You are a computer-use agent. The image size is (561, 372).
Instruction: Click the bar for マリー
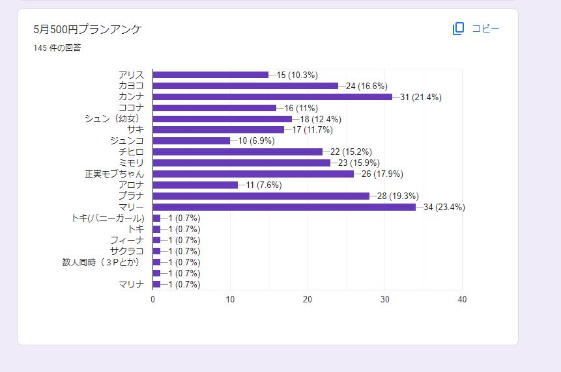coord(284,207)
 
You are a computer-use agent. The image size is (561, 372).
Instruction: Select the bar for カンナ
coord(272,96)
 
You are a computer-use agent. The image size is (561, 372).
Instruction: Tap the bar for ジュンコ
coord(192,140)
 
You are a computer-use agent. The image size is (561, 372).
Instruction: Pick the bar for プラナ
coord(261,196)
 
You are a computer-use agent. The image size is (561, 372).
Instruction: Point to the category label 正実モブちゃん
coord(115,174)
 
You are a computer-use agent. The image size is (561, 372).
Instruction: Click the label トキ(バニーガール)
coord(108,218)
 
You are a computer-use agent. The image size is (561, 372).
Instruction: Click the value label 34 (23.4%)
coord(444,207)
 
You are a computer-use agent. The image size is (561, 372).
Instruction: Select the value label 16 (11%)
coord(304,108)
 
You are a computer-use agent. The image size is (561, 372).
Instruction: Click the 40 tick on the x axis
coord(462,299)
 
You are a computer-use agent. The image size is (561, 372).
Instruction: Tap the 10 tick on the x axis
coord(230,299)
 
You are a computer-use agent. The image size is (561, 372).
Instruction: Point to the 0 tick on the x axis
coord(153,299)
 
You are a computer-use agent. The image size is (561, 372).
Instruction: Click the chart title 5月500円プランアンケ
coord(88,29)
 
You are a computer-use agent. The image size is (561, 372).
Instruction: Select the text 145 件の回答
coord(57,47)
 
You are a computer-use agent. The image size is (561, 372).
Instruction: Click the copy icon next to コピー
coord(459,29)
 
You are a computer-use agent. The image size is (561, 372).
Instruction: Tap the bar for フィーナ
coord(156,240)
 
